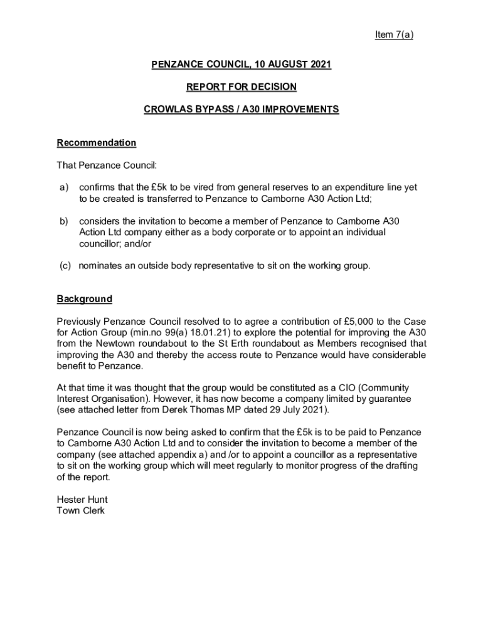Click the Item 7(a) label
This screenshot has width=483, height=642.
pos(394,35)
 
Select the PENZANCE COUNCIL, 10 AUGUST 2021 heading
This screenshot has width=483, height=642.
pos(241,65)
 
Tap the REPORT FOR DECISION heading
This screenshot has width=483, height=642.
pos(241,87)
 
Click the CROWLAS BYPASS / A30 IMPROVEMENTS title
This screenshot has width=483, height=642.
pos(241,110)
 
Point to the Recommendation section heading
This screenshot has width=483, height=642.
pos(96,143)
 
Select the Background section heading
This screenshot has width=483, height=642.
pos(84,299)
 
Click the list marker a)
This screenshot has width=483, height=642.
pos(64,187)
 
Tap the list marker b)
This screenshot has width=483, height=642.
pos(64,221)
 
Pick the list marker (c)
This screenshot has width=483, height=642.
pos(65,266)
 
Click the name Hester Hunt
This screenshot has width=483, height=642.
pos(82,500)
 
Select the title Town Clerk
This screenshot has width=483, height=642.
pos(80,511)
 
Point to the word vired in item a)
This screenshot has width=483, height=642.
pos(214,187)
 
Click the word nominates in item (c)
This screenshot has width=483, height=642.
pos(100,266)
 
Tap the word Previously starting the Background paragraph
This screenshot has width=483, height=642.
pos(80,322)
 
